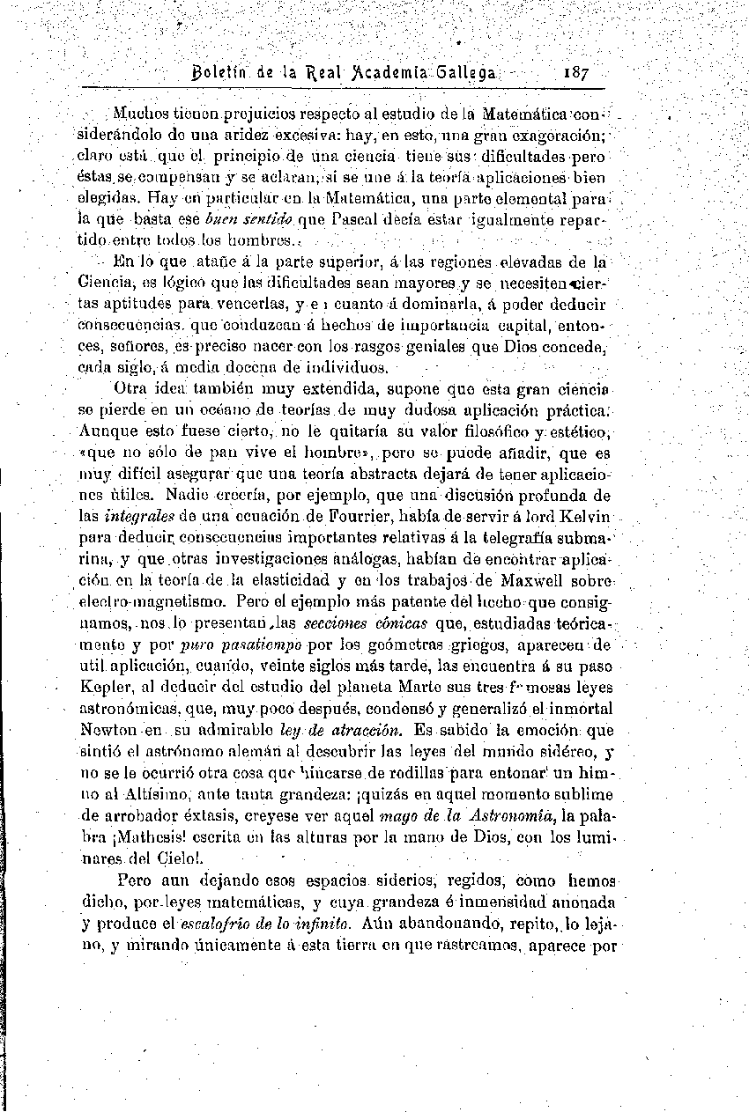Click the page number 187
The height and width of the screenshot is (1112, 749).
coord(574,72)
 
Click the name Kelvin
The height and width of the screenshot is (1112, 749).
coord(577,516)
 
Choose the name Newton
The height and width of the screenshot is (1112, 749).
coord(108,730)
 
